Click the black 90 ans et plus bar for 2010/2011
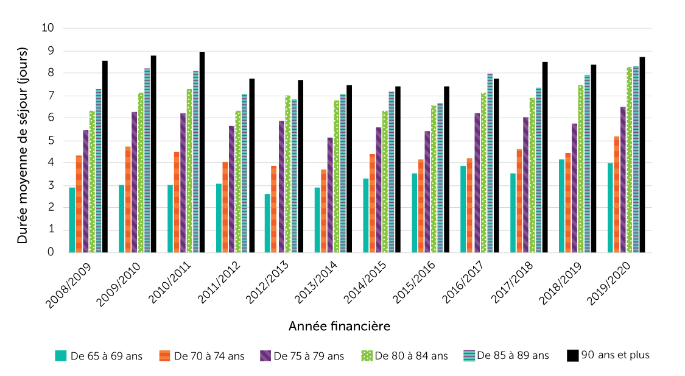coord(202,152)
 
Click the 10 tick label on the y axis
coord(48,28)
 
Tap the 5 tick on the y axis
coord(51,140)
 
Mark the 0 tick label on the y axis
coord(51,252)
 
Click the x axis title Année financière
coord(339,326)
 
